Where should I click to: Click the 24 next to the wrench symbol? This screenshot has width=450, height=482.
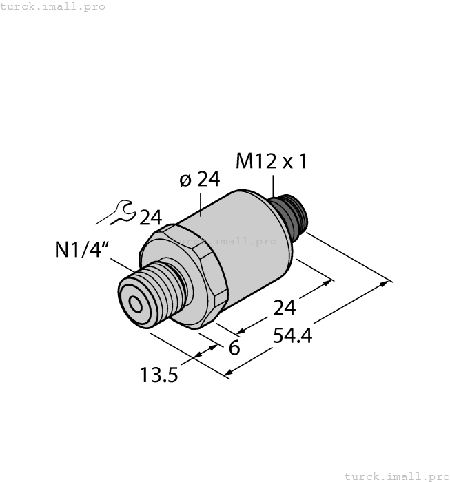pos(150,218)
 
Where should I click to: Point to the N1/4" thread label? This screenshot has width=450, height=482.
pos(82,250)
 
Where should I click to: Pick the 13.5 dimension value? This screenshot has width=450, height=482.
pos(159,375)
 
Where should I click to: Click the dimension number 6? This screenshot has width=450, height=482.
pos(234,348)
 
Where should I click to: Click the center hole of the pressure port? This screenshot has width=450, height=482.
pos(133,304)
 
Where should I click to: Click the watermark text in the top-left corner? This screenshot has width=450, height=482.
pos(53,6)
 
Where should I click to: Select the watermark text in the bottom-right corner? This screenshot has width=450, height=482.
pos(396,476)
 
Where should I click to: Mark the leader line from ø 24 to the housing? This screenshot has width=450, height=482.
pos(201,203)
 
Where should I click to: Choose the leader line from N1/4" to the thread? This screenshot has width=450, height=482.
pos(124,264)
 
